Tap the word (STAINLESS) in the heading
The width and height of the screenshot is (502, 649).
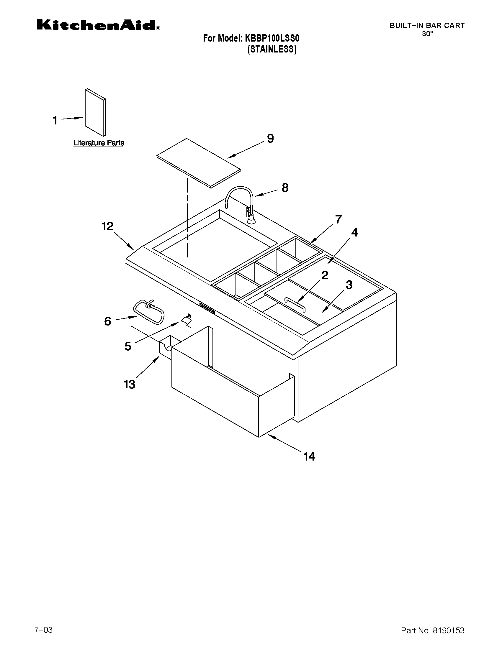pyautogui.click(x=272, y=49)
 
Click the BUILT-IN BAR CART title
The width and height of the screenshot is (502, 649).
pyautogui.click(x=427, y=26)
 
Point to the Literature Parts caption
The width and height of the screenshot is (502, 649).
pyautogui.click(x=99, y=143)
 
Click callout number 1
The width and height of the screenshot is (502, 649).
pyautogui.click(x=55, y=120)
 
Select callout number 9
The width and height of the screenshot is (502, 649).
pyautogui.click(x=270, y=138)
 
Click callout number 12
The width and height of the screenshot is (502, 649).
pyautogui.click(x=107, y=226)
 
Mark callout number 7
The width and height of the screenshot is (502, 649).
pyautogui.click(x=339, y=219)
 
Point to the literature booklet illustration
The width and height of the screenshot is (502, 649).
pyautogui.click(x=95, y=112)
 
